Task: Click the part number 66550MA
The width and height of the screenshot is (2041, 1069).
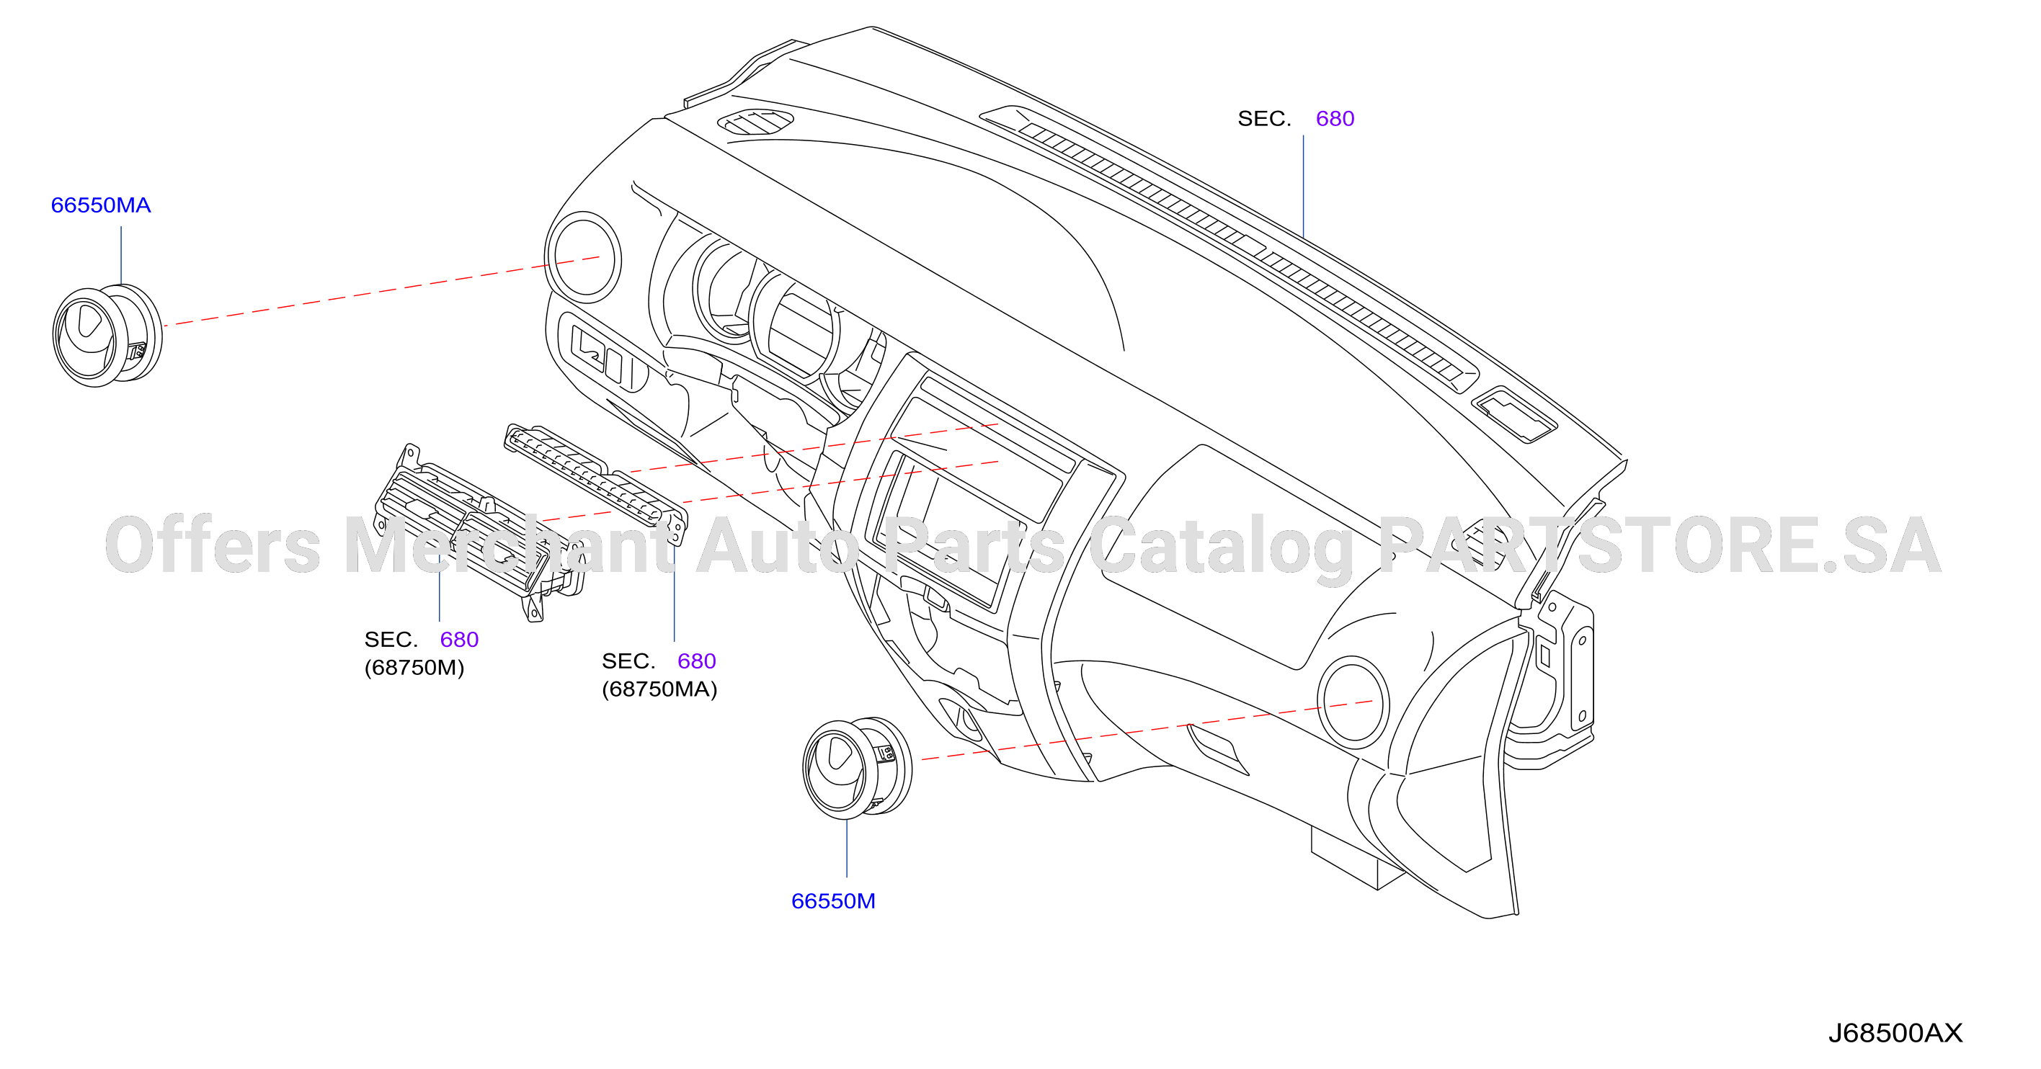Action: click(x=101, y=205)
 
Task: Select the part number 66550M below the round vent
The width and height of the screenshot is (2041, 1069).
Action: click(x=834, y=901)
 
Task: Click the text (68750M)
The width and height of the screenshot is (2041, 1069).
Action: click(x=414, y=668)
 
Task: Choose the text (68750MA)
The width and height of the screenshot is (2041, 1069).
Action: click(x=659, y=689)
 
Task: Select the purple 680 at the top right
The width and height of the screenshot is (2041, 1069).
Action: click(x=1335, y=119)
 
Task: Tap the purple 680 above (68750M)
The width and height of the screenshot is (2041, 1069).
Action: click(x=460, y=639)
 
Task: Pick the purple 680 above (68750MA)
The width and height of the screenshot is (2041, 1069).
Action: click(x=696, y=661)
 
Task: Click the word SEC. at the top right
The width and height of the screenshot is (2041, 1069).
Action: click(x=1265, y=119)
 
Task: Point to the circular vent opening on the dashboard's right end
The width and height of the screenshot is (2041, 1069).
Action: click(x=1353, y=702)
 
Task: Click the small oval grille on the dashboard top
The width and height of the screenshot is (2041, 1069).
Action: click(x=755, y=122)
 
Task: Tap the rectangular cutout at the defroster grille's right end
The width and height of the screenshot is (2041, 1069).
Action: click(x=1514, y=415)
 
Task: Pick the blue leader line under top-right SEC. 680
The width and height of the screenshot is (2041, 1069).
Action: click(x=1303, y=186)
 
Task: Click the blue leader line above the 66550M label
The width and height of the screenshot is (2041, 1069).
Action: click(x=847, y=848)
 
